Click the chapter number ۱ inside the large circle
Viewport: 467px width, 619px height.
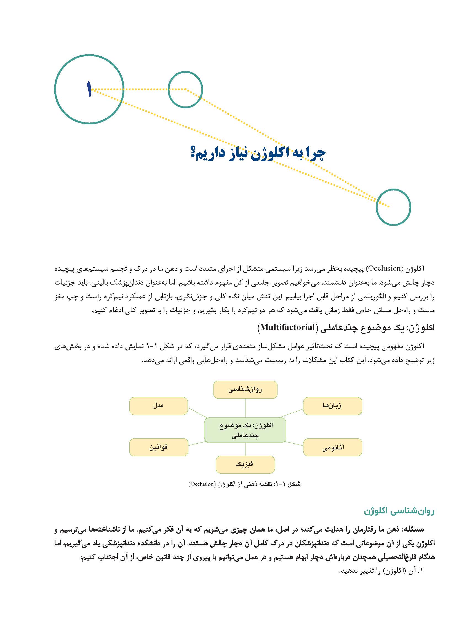(x=89, y=89)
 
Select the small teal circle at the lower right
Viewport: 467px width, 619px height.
(x=393, y=207)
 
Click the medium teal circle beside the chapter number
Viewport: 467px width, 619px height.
(x=185, y=89)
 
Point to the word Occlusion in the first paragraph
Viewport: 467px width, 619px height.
(x=384, y=269)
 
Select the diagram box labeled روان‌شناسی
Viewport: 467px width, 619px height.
(x=245, y=390)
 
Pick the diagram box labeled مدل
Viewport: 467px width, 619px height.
(x=158, y=406)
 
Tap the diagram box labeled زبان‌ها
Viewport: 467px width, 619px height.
(x=332, y=406)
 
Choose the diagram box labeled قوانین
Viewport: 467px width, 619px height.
(x=158, y=447)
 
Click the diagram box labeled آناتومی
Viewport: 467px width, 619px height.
(x=332, y=447)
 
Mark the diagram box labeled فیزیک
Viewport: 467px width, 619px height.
(x=245, y=465)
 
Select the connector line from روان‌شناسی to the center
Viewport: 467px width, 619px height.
(x=245, y=408)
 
